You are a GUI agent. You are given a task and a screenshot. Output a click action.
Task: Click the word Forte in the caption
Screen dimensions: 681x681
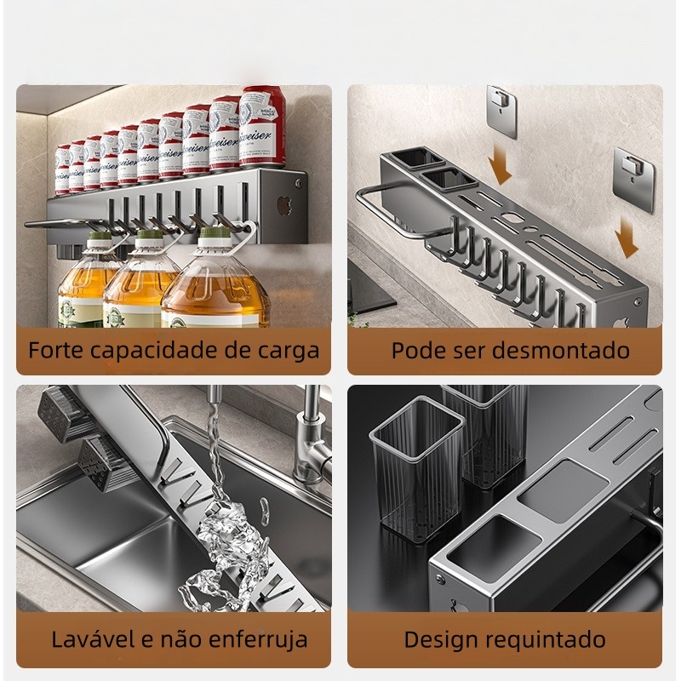tap(55, 350)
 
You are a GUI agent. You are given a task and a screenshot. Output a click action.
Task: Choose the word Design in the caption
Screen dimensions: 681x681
tap(441, 640)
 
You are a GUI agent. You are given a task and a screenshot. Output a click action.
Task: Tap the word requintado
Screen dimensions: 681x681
tap(546, 640)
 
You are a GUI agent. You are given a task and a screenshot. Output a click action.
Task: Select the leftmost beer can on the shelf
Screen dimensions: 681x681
tap(62, 169)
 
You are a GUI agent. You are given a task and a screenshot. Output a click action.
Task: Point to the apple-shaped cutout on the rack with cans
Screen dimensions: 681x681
tap(285, 205)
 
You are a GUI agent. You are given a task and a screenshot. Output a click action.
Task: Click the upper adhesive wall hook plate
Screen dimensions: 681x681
tap(501, 112)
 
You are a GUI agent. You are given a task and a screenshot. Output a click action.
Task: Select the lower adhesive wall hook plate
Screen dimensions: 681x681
tap(632, 180)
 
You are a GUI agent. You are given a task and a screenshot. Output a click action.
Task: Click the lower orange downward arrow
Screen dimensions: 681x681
tap(626, 237)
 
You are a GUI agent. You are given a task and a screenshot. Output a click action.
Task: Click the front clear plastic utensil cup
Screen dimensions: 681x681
tap(417, 466)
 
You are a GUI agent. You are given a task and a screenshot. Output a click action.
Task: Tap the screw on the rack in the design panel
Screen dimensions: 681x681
tap(439, 579)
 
